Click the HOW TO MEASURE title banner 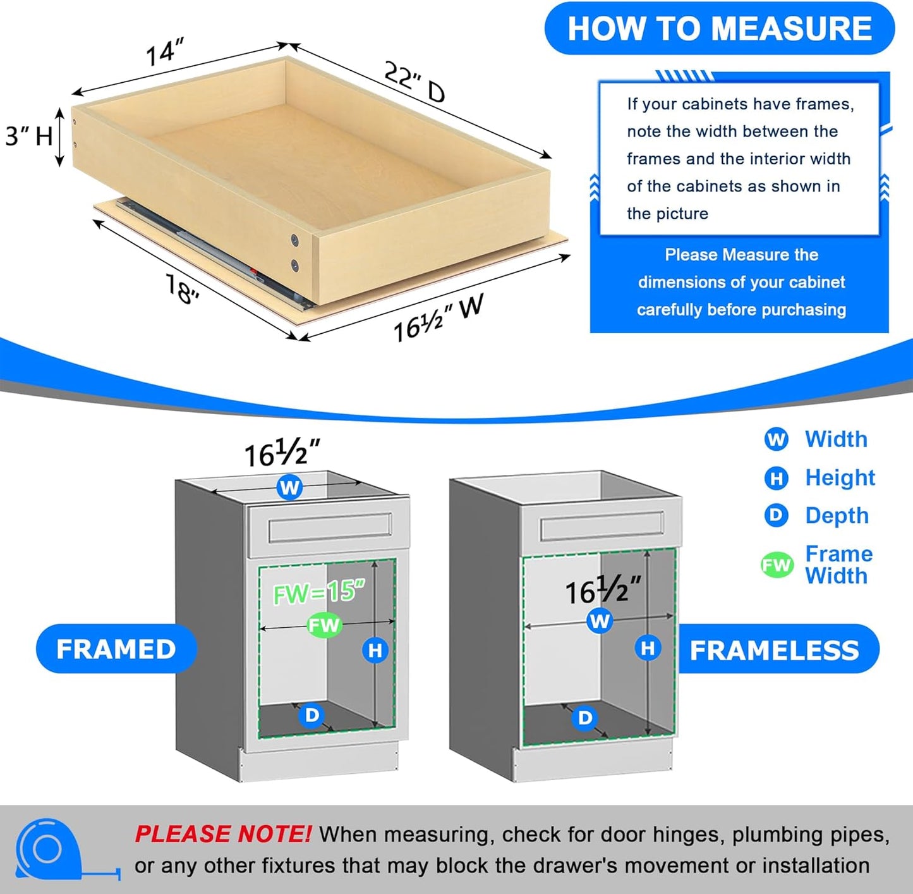[x=719, y=28]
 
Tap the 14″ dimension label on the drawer [x=164, y=52]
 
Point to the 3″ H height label [x=28, y=136]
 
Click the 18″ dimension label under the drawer [x=182, y=288]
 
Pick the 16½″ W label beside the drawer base [x=438, y=319]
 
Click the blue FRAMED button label [x=116, y=649]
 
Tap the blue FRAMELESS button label [x=775, y=651]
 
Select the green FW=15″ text [x=319, y=592]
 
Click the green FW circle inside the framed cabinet [x=324, y=625]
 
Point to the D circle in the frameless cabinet [x=585, y=718]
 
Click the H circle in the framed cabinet [x=375, y=650]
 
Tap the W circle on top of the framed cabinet [x=289, y=487]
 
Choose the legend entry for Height [x=840, y=477]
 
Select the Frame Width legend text [x=838, y=565]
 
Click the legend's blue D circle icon [x=776, y=515]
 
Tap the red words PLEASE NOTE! [x=222, y=835]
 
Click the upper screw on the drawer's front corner [x=294, y=240]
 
